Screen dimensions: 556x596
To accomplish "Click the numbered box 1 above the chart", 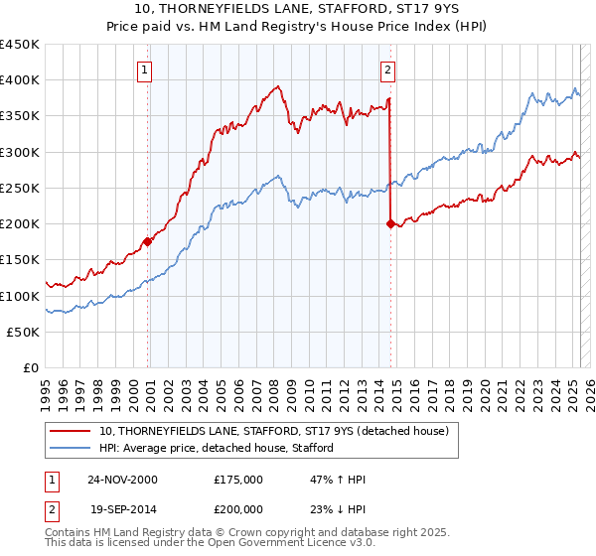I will click(x=146, y=69).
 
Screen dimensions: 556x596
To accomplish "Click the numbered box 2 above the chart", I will click(x=387, y=69).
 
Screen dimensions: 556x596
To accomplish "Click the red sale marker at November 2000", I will click(x=147, y=240).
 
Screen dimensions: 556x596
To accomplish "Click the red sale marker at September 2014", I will click(x=390, y=223).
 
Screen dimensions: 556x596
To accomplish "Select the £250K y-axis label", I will click(x=20, y=188).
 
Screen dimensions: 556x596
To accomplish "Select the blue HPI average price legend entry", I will click(x=216, y=448).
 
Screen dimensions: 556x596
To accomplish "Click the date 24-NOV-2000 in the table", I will click(x=122, y=480).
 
